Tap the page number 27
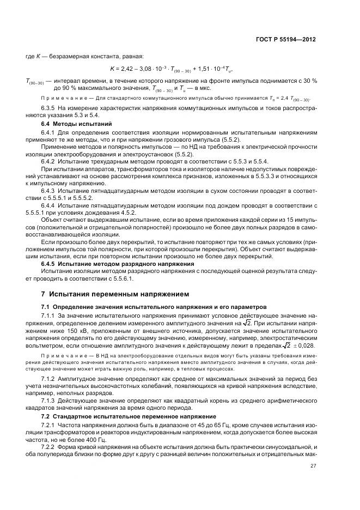pos(313,465)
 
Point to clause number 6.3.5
pos(51,108)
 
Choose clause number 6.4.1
pos(51,132)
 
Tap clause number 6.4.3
pos(51,189)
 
